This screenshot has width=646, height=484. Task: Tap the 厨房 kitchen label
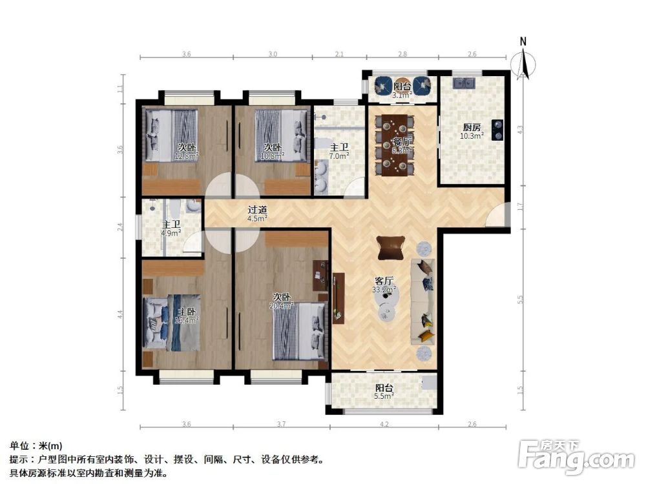(x=471, y=131)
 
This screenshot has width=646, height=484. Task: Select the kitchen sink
(x=465, y=83)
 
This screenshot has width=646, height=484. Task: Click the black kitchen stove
(x=498, y=130)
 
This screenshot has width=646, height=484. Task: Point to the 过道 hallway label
(x=258, y=213)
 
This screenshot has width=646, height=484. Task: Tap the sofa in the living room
(x=424, y=301)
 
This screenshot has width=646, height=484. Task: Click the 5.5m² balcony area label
(x=384, y=392)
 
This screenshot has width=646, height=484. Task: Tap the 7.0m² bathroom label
(x=339, y=151)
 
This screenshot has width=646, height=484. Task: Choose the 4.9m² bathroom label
(x=171, y=229)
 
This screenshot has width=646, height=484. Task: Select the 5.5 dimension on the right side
(x=520, y=299)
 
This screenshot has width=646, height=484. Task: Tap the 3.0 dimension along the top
(x=273, y=55)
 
